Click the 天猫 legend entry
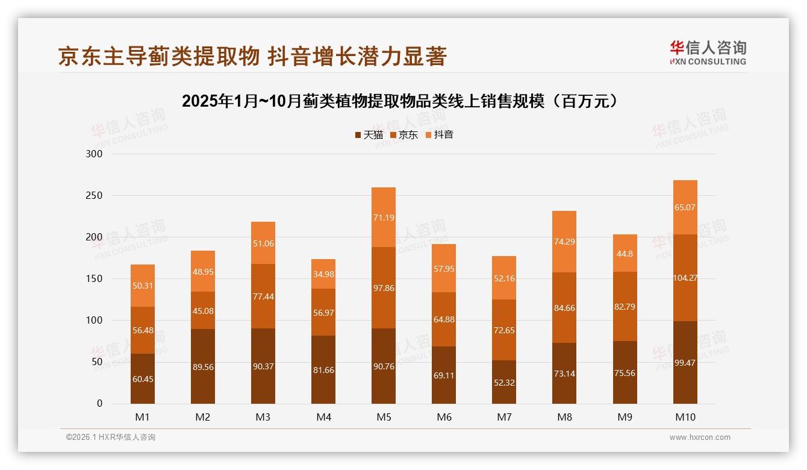click(369, 135)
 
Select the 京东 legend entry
click(403, 135)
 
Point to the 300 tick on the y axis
click(95, 154)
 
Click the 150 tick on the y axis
click(95, 279)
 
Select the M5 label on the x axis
click(384, 418)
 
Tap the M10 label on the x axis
click(685, 418)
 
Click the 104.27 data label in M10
click(685, 278)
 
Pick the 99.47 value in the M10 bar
click(685, 362)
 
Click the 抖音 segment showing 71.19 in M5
click(384, 218)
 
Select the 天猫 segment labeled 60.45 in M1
click(143, 378)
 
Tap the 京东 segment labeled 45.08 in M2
click(203, 311)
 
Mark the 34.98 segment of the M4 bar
click(323, 275)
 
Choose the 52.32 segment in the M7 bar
click(504, 382)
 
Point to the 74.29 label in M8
click(564, 242)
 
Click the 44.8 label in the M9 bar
click(625, 254)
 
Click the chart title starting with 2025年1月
click(400, 101)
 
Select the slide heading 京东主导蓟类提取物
click(252, 56)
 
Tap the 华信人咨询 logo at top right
click(708, 52)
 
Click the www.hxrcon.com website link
click(700, 437)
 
